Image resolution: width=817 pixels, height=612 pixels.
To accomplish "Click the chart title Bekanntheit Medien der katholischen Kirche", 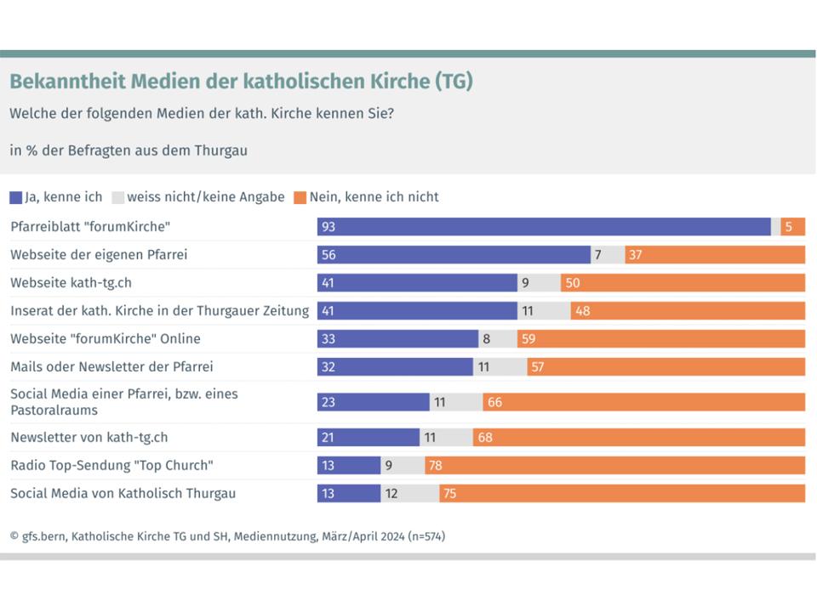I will (241, 82).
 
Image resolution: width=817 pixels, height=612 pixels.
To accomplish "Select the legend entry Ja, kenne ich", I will (56, 197).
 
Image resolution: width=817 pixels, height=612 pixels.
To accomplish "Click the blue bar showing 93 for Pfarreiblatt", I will (544, 227).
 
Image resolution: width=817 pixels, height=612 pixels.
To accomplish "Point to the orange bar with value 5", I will (792, 227).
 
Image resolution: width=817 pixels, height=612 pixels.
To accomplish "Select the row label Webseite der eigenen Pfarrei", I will (99, 254).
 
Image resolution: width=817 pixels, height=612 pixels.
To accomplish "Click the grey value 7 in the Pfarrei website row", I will (598, 255).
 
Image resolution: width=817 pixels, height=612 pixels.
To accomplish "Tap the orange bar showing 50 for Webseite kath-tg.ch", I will (683, 283).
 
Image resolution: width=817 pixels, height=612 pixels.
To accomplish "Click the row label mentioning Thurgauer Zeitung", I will (160, 310).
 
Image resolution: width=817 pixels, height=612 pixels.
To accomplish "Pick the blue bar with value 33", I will (397, 338).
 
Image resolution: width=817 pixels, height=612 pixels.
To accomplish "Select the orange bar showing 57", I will (666, 366).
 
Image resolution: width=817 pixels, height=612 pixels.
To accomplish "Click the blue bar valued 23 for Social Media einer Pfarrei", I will (373, 402).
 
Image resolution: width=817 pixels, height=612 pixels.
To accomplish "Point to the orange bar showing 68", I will (638, 438).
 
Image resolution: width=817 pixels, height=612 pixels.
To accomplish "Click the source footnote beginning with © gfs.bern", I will (227, 536).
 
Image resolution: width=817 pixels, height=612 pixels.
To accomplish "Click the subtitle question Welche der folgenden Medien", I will (202, 113).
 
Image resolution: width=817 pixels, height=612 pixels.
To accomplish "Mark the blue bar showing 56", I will (454, 255).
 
